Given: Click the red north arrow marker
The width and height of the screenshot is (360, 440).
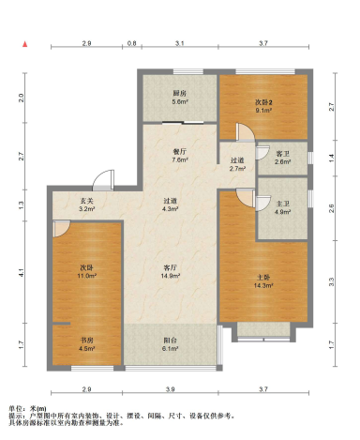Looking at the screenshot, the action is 25,44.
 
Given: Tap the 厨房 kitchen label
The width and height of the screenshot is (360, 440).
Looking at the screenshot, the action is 180,93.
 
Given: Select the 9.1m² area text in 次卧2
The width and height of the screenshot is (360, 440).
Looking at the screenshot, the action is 263,111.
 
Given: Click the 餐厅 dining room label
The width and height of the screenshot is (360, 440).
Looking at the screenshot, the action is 180,152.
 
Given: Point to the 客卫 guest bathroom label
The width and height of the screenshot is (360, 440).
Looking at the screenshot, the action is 283,154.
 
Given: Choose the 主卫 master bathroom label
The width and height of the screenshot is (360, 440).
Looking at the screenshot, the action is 283,204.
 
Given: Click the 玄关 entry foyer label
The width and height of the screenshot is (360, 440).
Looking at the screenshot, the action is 87,201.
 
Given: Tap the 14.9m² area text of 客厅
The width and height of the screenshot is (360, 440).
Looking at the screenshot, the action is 171,276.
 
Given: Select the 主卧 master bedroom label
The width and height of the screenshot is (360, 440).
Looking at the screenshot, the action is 263,278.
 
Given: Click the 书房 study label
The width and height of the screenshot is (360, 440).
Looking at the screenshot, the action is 87,341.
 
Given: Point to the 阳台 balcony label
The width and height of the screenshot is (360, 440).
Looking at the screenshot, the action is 171,341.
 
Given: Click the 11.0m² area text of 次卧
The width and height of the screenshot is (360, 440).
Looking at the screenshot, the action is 87,276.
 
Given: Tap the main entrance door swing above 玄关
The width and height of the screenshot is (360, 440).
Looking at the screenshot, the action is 104,179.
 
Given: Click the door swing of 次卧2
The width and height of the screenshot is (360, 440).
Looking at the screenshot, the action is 245,132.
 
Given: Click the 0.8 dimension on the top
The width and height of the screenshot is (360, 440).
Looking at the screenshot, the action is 132,43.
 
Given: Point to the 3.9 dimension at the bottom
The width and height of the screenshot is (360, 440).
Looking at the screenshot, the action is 171,389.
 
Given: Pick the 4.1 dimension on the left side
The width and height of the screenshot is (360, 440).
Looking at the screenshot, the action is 21,273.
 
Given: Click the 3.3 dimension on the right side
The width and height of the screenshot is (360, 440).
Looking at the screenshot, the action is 332,281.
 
